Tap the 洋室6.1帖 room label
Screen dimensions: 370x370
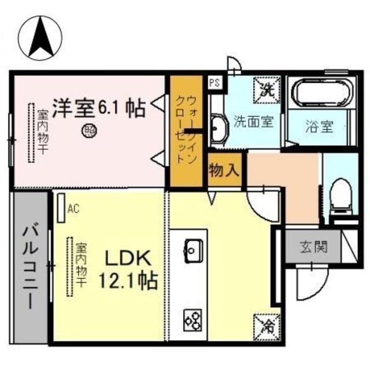pyautogui.click(x=98, y=108)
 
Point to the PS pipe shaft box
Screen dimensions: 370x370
pyautogui.click(x=214, y=82)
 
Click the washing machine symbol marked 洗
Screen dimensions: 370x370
pyautogui.click(x=267, y=88)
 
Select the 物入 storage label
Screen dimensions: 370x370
pyautogui.click(x=223, y=171)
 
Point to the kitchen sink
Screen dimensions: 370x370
pyautogui.click(x=193, y=250)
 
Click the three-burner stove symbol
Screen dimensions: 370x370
pyautogui.click(x=193, y=319)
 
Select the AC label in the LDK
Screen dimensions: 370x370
pyautogui.click(x=73, y=209)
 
